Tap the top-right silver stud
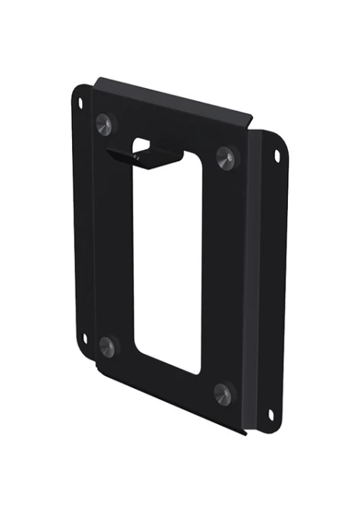(225, 158)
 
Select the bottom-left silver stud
(107, 346)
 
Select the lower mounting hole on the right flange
(270, 414)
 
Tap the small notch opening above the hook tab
(143, 143)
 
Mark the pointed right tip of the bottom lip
(246, 434)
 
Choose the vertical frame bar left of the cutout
(115, 237)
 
